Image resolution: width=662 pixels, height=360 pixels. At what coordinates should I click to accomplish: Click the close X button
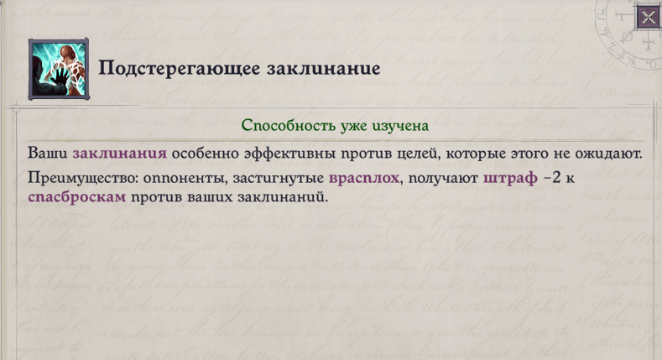coord(648,18)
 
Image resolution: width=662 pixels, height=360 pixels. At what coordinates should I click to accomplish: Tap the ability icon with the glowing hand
coord(59,69)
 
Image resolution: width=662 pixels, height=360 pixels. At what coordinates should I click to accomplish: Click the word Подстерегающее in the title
coord(164,68)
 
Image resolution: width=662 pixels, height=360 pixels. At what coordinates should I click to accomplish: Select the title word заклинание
coord(309,68)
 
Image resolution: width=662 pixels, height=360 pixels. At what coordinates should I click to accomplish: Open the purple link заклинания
coord(119,153)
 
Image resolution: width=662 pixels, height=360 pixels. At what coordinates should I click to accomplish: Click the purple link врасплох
coord(364,178)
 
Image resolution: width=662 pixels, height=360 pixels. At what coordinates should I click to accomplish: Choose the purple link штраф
coord(510,178)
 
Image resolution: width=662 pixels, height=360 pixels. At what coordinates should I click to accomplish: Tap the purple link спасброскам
coord(77,196)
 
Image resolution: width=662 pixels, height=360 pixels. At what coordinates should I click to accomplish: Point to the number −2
coord(553,178)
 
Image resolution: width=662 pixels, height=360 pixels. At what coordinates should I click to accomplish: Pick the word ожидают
coord(610,153)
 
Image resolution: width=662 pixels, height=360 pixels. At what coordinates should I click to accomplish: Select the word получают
coord(443,178)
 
